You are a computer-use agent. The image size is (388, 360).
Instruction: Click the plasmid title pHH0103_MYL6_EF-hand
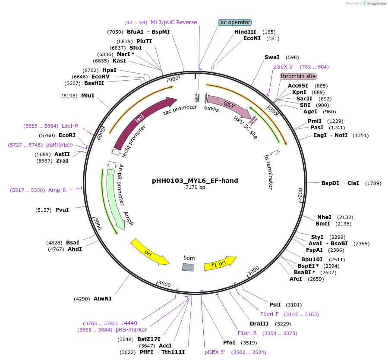pyautogui.click(x=195, y=181)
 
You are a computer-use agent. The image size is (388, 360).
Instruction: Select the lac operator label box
pyautogui.click(x=235, y=22)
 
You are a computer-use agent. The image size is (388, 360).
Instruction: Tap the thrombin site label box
pyautogui.click(x=298, y=76)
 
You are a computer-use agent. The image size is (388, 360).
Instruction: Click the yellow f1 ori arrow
pyautogui.click(x=220, y=263)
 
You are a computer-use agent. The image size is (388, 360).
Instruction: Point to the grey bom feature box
pyautogui.click(x=188, y=267)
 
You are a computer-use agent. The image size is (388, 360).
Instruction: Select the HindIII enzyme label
pyautogui.click(x=245, y=32)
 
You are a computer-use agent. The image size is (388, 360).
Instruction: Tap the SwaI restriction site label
pyautogui.click(x=272, y=57)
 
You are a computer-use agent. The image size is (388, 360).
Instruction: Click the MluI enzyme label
pyautogui.click(x=88, y=96)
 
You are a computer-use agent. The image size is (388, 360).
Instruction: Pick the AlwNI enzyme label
pyautogui.click(x=102, y=298)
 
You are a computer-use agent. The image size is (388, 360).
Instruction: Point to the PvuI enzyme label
pyautogui.click(x=62, y=210)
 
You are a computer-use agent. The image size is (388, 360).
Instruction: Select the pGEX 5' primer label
pyautogui.click(x=283, y=67)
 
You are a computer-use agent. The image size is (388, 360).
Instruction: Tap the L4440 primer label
pyautogui.click(x=129, y=323)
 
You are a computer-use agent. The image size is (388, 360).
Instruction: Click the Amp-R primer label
pyautogui.click(x=57, y=190)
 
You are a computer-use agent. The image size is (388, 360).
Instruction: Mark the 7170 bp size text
pyautogui.click(x=195, y=188)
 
